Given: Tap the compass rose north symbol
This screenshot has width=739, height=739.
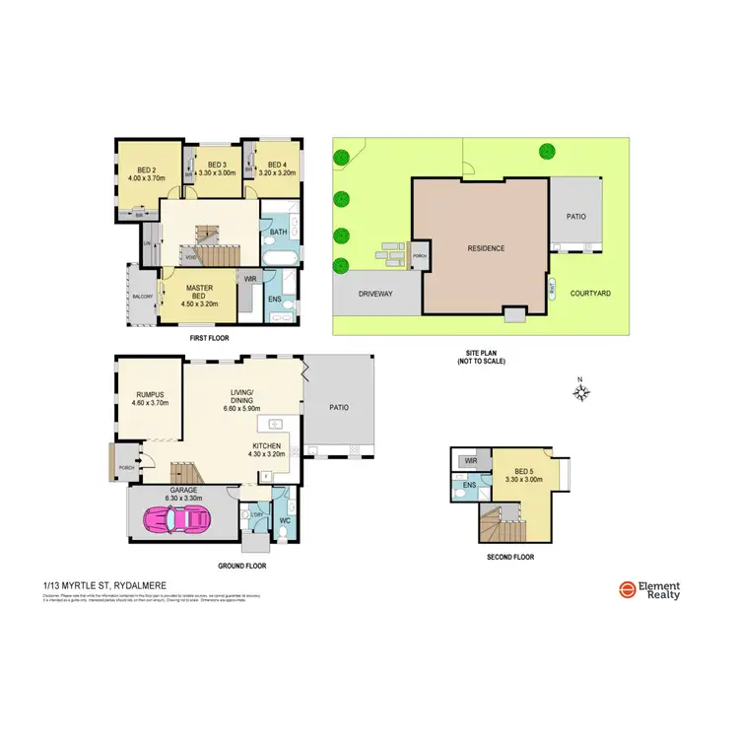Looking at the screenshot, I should click(x=581, y=393).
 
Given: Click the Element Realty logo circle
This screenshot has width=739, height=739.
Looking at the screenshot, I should click(x=627, y=589).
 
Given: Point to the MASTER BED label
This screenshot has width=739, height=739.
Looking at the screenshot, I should click(x=200, y=293).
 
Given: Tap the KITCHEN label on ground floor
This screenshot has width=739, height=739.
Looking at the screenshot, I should click(x=267, y=446).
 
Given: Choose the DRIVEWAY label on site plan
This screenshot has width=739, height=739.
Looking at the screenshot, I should click(x=375, y=293).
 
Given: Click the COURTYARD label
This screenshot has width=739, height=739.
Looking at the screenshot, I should click(x=591, y=293).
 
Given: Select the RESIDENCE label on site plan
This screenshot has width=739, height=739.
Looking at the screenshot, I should click(x=486, y=248).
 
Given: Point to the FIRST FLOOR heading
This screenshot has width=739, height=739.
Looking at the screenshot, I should click(x=209, y=337).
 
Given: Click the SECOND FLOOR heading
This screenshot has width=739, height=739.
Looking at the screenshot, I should click(x=510, y=557).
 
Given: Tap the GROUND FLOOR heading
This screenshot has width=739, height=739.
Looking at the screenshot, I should click(x=241, y=567).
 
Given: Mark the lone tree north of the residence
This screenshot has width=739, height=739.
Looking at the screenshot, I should click(x=547, y=151).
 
